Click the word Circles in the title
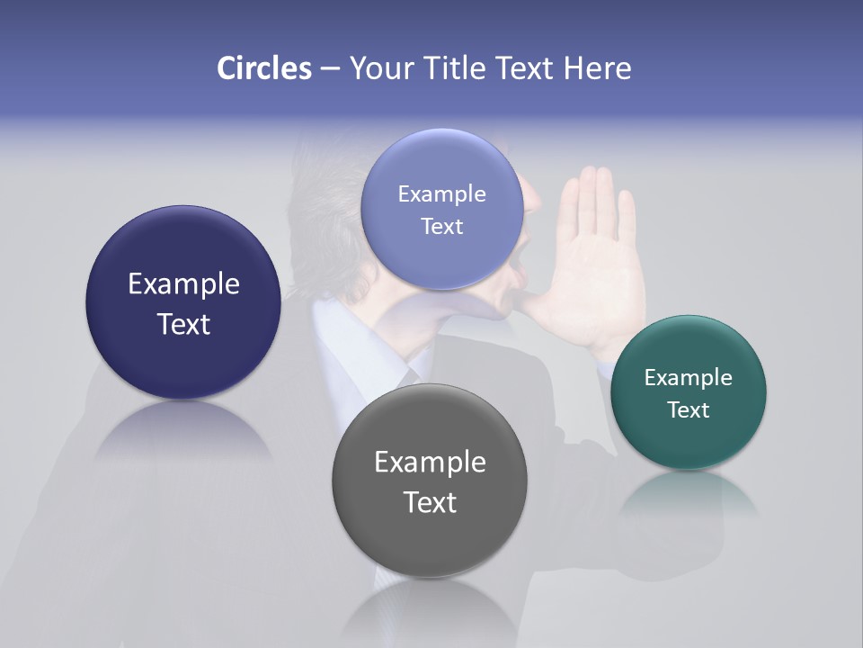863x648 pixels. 263,68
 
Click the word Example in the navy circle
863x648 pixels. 183,283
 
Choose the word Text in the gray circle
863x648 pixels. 430,502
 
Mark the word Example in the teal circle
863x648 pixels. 689,377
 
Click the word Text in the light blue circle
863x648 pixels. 441,226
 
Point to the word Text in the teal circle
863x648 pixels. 689,410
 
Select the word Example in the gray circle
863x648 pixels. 430,462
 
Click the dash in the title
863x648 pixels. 330,69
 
